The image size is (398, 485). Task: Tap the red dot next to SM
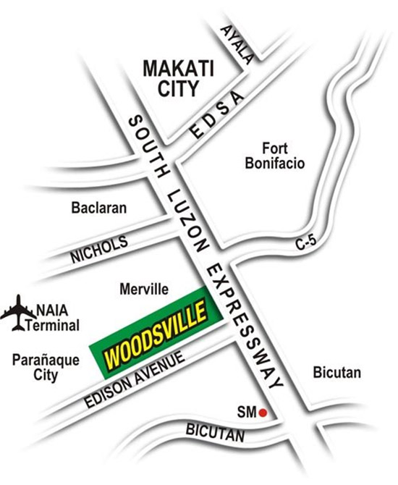click(x=264, y=413)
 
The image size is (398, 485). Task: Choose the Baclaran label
click(x=99, y=208)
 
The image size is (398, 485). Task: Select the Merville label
click(x=143, y=290)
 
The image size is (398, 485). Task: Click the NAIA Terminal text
click(x=52, y=319)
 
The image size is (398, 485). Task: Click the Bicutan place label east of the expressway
click(x=336, y=374)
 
